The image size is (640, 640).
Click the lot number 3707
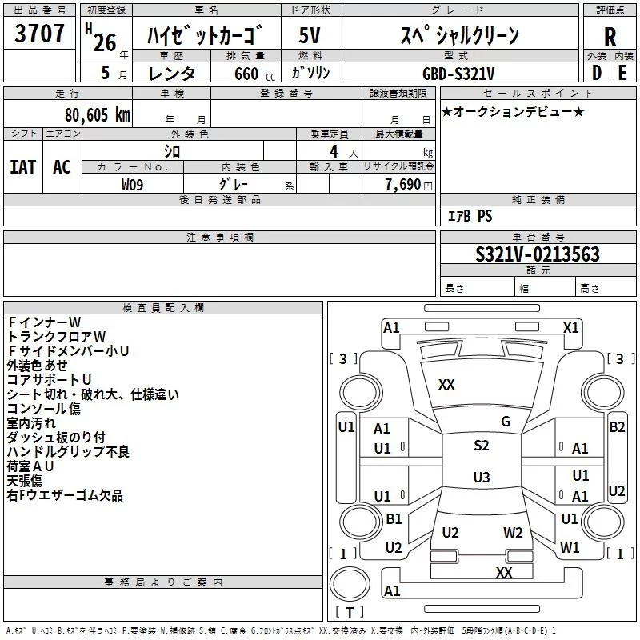pos(40,34)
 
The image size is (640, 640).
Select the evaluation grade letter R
pos(610,36)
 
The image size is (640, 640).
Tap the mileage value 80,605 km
pos(95,115)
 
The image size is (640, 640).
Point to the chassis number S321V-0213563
pos(538,255)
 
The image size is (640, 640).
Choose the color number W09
pos(133,184)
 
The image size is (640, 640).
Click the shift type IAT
pos(22,166)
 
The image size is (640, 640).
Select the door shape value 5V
pos(310,35)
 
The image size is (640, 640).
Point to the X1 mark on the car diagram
pos(571,327)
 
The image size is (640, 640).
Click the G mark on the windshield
pos(505,422)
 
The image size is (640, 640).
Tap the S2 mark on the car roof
pos(481,446)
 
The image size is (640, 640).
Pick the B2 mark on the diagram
pos(617,427)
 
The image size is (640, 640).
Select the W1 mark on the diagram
pos(570,548)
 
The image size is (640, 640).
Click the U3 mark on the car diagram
pos(481,478)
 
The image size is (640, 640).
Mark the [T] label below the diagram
pos(349,613)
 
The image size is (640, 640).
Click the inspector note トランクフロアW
pos(56,336)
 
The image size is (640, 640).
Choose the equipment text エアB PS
pos(470,216)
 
